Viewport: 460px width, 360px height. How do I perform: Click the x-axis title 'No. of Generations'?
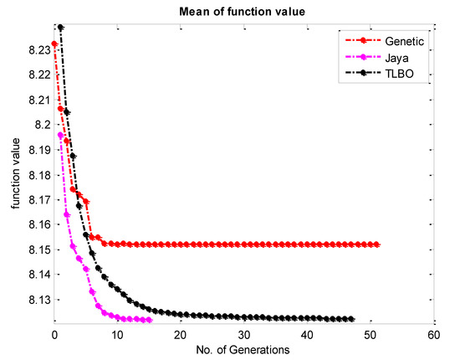[243, 349]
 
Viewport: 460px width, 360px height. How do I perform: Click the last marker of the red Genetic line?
[377, 244]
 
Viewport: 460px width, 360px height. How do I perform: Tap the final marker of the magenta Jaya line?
[149, 320]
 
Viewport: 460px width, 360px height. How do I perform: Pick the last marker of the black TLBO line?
[352, 319]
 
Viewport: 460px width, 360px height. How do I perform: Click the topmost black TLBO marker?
[60, 28]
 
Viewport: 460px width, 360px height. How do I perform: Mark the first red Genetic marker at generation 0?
[54, 44]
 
